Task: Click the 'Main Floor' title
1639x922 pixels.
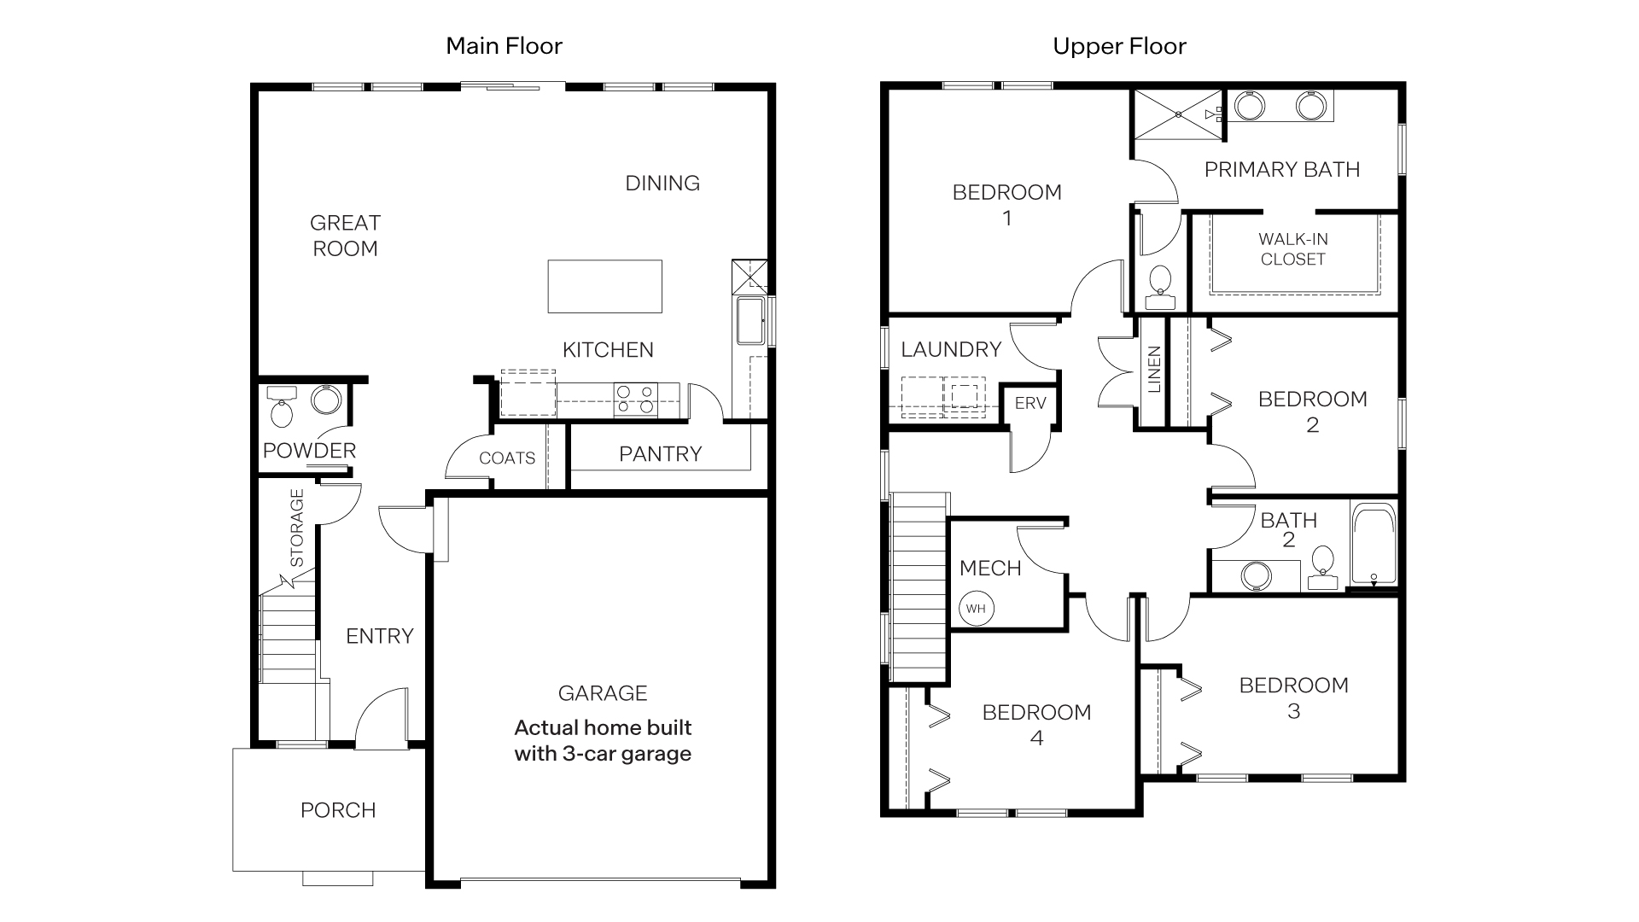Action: (504, 46)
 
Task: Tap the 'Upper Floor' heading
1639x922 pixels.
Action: (1119, 46)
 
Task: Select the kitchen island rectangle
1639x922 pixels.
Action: (604, 287)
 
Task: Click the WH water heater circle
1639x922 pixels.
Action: (976, 609)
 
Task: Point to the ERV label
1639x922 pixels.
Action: (1030, 403)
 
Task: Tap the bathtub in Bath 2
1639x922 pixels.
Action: (1374, 543)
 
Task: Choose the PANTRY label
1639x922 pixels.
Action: (660, 454)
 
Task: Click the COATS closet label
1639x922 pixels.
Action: (507, 458)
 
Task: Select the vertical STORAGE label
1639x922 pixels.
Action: (297, 528)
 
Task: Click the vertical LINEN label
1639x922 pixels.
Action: (1154, 370)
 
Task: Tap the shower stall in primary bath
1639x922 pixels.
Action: (1177, 114)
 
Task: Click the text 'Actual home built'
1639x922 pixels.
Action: (603, 728)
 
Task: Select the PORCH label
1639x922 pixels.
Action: (338, 810)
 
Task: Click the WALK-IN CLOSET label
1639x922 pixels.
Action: (1292, 249)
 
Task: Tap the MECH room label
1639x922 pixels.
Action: (990, 569)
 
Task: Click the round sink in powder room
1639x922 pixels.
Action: (324, 400)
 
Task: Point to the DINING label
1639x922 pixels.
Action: (662, 184)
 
